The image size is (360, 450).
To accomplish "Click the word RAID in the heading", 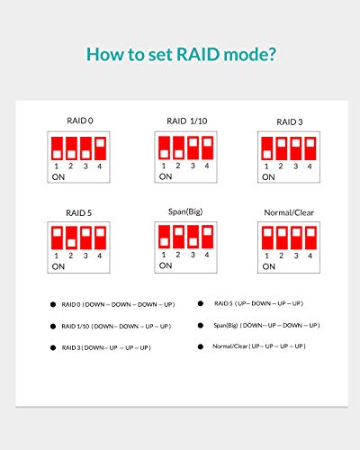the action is [x=198, y=54].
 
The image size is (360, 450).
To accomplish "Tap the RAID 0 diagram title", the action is [x=80, y=121].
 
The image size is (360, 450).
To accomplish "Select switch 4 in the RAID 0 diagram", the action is [x=100, y=148].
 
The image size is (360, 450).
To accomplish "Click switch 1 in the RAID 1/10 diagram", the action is [x=164, y=148].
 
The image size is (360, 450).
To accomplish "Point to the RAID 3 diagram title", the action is [x=290, y=122].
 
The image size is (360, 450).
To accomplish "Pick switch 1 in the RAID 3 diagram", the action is [x=267, y=148].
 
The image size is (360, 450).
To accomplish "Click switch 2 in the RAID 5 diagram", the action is [x=71, y=238].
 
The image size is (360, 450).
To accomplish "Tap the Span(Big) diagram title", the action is [x=185, y=211].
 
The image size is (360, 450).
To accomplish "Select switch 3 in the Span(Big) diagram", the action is [x=193, y=237].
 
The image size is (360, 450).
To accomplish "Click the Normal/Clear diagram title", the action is [x=289, y=212].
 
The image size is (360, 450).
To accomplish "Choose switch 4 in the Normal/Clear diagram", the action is [x=310, y=238].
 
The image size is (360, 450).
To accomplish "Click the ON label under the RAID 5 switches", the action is [x=58, y=266].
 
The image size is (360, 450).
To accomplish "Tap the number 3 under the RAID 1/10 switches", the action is [x=193, y=166].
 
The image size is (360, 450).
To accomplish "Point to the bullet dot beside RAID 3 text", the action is [x=53, y=347].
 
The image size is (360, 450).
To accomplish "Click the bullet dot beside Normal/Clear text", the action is [x=201, y=346].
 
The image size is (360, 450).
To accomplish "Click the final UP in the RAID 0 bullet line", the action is [x=168, y=304].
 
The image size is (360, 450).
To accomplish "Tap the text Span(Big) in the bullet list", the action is [x=226, y=326].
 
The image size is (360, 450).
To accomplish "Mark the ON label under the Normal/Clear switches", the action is [x=268, y=266].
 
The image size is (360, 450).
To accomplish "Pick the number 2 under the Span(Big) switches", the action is [x=178, y=255].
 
